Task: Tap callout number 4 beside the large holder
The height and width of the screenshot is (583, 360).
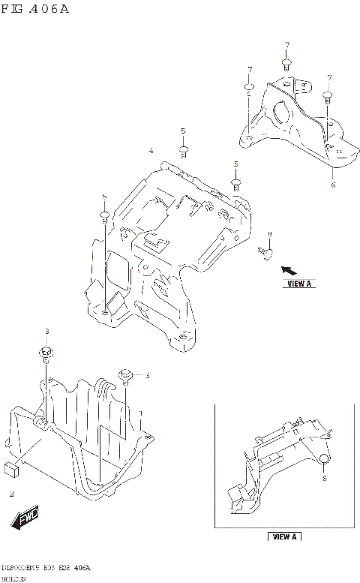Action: tap(151, 151)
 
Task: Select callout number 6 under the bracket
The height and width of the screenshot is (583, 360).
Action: tap(333, 184)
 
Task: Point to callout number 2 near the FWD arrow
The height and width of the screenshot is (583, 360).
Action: tap(11, 494)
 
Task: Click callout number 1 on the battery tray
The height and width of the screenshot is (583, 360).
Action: tap(139, 414)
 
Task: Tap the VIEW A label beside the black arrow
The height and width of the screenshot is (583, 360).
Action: tap(298, 284)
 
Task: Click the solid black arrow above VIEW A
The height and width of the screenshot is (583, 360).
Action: tap(289, 269)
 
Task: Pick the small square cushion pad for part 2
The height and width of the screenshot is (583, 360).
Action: tap(11, 470)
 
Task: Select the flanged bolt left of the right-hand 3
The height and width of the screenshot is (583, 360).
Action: tap(125, 373)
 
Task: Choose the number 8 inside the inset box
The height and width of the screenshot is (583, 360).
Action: tap(325, 476)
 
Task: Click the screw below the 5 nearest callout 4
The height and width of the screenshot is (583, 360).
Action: tap(183, 150)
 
